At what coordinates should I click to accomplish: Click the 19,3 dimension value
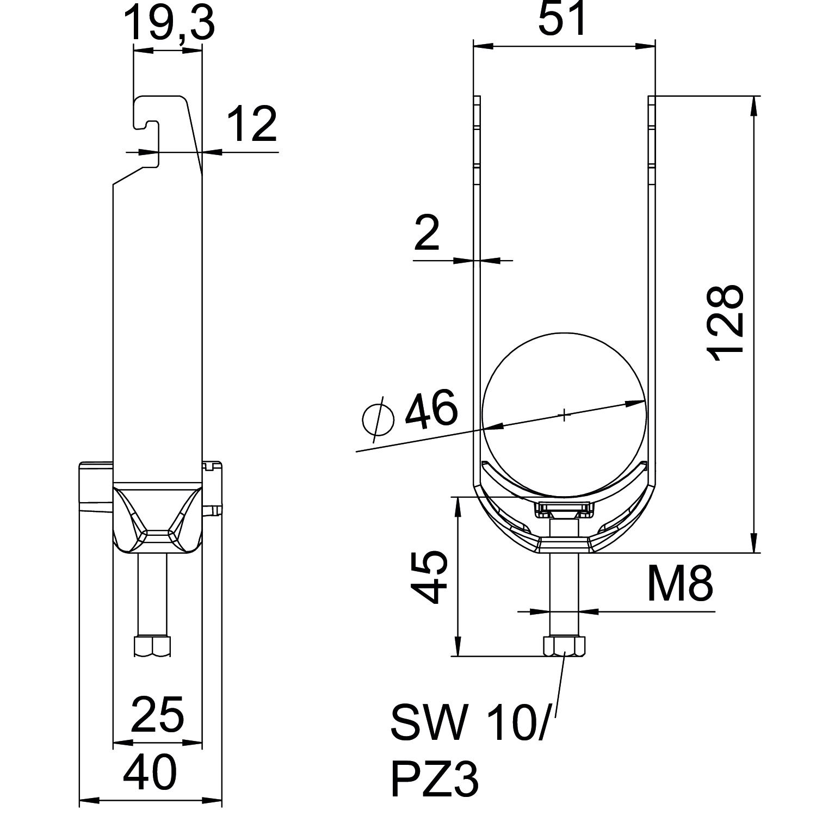point(169,23)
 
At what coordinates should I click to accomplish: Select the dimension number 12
point(252,125)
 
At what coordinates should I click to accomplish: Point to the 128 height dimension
point(725,323)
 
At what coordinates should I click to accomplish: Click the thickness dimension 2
point(426,232)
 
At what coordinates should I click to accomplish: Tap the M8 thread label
point(679,583)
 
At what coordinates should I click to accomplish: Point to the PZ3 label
point(435,779)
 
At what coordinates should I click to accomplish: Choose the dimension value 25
point(158,714)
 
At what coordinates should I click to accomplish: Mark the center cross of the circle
point(565,416)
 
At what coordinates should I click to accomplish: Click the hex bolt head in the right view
point(564,646)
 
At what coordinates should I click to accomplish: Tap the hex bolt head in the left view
point(152,646)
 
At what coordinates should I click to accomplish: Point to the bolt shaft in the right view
point(564,593)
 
